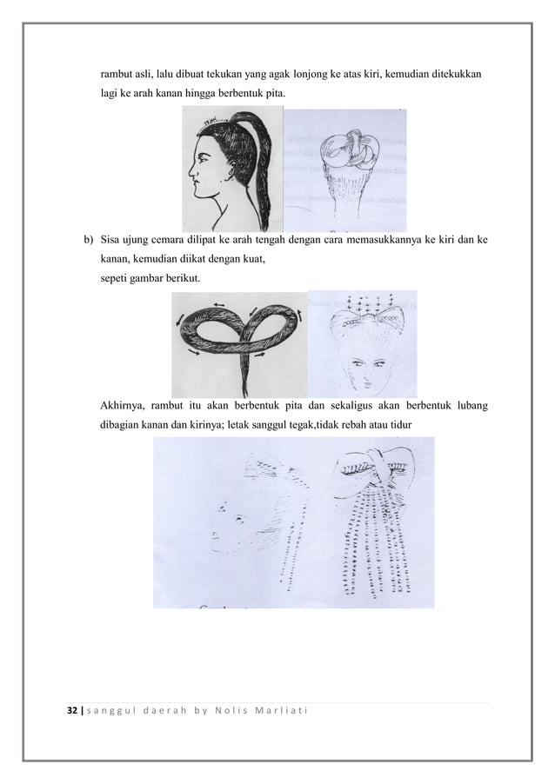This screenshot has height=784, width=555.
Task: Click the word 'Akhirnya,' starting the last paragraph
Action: [x=124, y=405]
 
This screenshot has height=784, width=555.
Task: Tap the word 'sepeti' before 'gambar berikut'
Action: [x=114, y=278]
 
